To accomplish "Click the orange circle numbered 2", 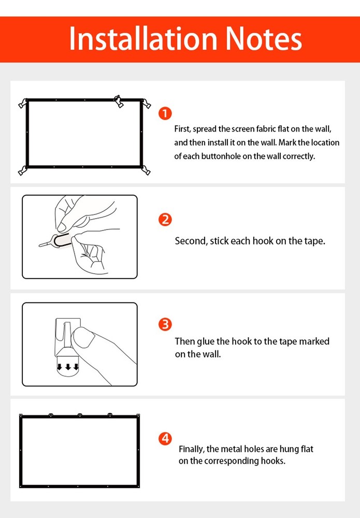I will [x=165, y=220].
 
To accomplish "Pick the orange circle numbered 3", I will [x=165, y=325].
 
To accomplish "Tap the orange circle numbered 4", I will [x=165, y=439].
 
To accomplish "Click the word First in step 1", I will [x=182, y=128].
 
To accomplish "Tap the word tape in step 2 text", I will [x=314, y=241].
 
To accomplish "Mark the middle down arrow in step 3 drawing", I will [x=67, y=367].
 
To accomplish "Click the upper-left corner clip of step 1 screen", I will [x=23, y=103].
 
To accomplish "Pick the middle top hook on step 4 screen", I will [x=79, y=415].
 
